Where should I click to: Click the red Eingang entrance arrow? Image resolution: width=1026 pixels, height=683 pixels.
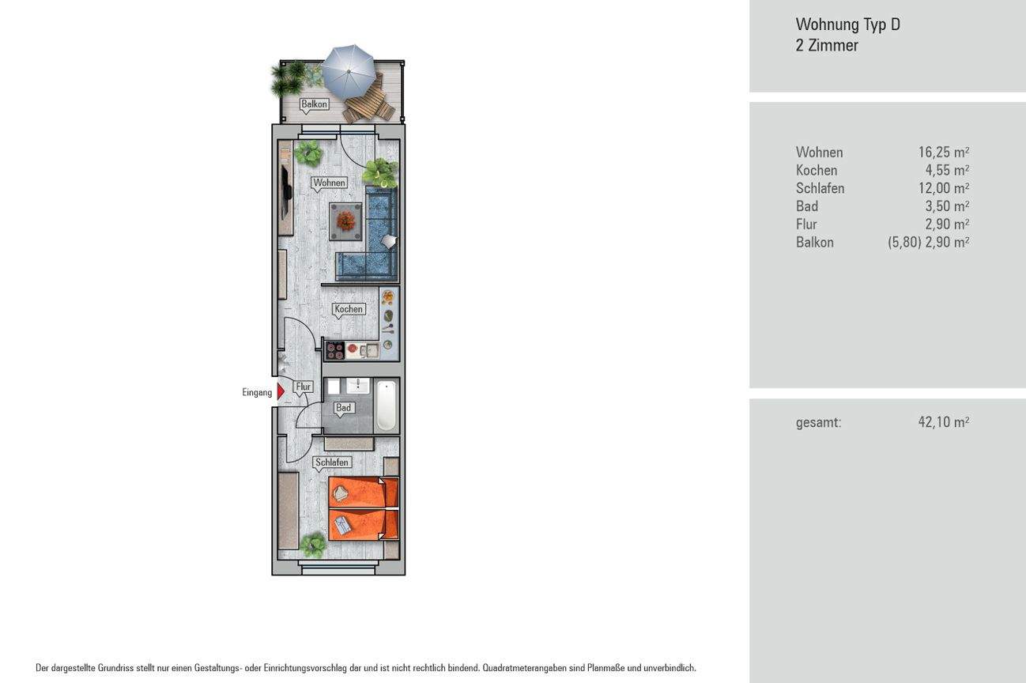coord(280,391)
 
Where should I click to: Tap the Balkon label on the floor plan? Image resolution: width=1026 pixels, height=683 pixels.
coord(314,104)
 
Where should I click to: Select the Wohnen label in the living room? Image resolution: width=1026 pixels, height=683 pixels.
coord(329,183)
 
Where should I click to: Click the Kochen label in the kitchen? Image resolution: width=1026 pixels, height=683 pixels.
coord(348,309)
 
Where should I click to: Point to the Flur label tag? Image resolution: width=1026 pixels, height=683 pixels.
coord(304,387)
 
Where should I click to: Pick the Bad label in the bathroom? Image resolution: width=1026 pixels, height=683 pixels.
coord(343,408)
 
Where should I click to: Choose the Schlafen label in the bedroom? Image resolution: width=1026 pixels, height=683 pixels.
coord(331,462)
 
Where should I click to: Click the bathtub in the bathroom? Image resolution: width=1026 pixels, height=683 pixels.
coord(386,406)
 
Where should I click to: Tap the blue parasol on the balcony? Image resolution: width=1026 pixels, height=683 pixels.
coord(349,68)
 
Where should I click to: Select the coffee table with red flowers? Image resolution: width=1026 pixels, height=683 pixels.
coord(345,221)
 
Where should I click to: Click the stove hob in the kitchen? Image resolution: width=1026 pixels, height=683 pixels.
coord(334,349)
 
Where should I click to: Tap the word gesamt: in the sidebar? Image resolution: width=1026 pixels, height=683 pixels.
coord(818,422)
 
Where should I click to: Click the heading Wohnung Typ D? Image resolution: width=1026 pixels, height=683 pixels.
coord(847,25)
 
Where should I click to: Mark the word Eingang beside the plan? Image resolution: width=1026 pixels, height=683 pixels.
coord(257,392)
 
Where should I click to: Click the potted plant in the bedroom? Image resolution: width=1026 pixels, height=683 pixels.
coord(313,544)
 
